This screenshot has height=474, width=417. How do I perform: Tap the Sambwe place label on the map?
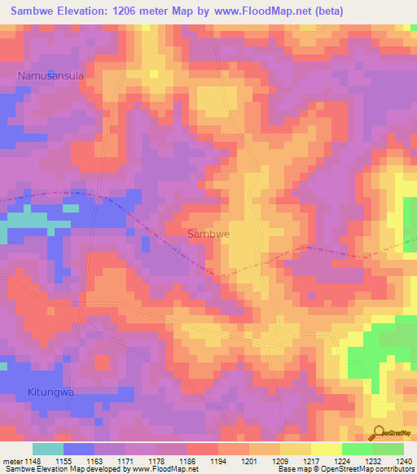(x=208, y=234)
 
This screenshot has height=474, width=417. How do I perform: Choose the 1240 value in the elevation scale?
(x=404, y=462)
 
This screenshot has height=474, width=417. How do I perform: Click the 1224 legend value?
(x=342, y=462)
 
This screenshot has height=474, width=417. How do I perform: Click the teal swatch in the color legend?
(x=47, y=449)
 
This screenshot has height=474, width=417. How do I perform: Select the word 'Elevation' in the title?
(x=87, y=11)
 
